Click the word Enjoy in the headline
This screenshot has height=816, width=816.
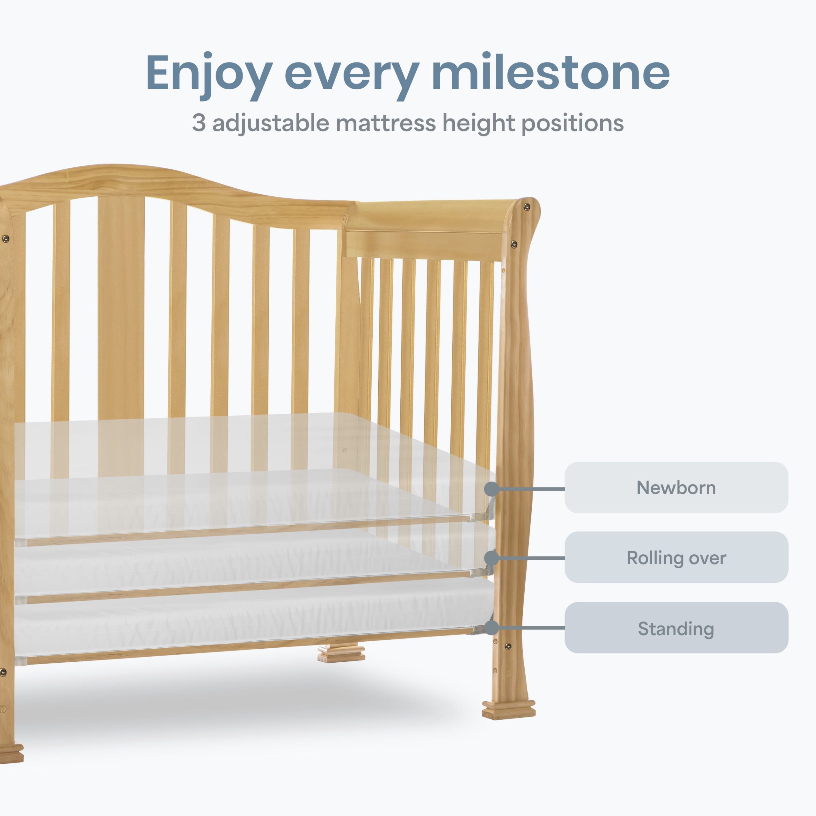209,76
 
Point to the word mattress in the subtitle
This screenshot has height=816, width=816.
386,123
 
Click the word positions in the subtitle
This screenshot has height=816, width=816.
573,124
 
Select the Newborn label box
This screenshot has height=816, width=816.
676,487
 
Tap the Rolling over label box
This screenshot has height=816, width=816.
676,557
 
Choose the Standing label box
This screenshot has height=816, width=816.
676,628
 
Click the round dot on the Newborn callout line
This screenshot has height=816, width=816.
491,489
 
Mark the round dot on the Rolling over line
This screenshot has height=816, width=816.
491,558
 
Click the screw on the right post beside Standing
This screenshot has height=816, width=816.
508,646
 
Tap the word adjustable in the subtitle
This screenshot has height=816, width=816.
271,124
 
